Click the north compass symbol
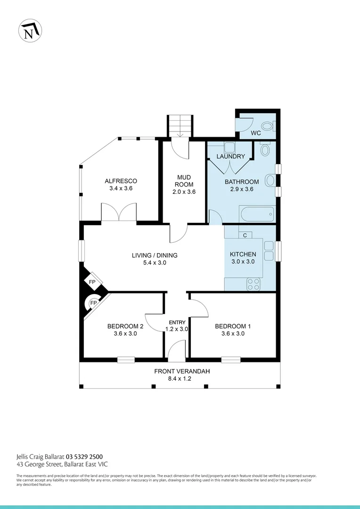click(x=30, y=31)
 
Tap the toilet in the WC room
click(x=267, y=126)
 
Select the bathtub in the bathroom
click(x=256, y=214)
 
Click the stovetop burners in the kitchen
click(x=254, y=284)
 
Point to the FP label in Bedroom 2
click(x=93, y=303)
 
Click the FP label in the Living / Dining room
click(x=92, y=282)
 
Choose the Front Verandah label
click(x=182, y=371)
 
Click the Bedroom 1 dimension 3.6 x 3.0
click(x=230, y=334)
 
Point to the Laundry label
click(x=230, y=156)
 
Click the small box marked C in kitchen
click(x=245, y=235)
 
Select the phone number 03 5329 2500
click(x=84, y=456)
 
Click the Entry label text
click(x=178, y=322)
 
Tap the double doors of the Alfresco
click(x=119, y=213)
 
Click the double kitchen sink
click(x=269, y=250)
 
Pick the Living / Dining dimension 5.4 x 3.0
click(x=155, y=263)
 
